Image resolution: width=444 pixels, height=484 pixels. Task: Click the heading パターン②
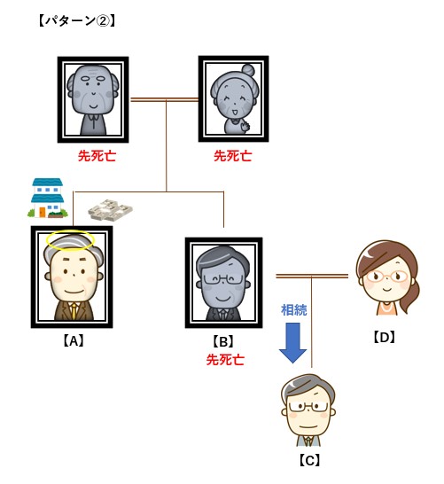[77, 21]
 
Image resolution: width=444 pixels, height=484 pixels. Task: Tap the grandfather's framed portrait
[93, 99]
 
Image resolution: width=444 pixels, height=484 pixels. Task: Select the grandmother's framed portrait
[233, 98]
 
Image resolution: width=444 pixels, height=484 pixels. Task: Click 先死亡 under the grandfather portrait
[97, 156]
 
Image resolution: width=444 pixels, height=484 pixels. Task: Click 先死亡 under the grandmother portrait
[233, 156]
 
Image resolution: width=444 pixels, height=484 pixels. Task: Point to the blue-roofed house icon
[48, 198]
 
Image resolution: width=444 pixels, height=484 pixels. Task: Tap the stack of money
[110, 210]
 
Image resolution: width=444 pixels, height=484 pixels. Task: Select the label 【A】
[74, 341]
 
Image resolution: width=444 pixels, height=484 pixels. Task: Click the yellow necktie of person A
[74, 311]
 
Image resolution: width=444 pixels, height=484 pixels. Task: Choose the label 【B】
[223, 341]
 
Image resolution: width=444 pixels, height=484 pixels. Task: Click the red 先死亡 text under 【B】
[225, 360]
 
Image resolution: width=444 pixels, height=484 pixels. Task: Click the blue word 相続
[293, 310]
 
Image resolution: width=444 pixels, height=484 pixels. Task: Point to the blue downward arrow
[292, 343]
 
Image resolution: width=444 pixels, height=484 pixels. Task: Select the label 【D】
[384, 338]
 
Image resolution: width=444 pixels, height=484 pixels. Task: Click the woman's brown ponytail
[410, 296]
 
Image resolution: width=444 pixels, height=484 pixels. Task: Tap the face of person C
[308, 414]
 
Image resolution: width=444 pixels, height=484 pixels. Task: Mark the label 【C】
[309, 461]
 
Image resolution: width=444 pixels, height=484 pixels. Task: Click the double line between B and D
[312, 277]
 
